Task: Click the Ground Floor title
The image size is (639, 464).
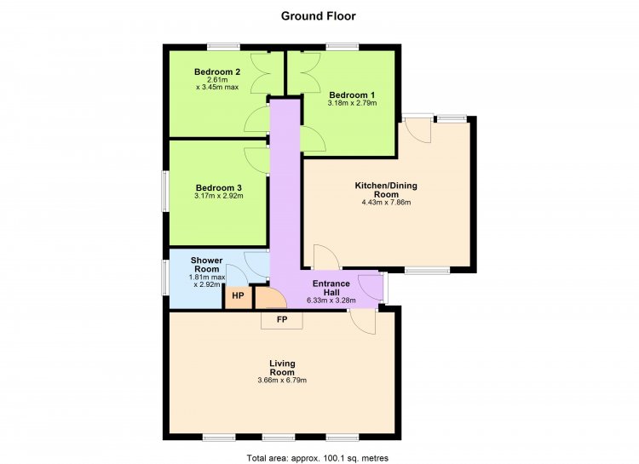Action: tap(319, 16)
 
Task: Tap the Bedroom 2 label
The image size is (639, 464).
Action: tap(217, 72)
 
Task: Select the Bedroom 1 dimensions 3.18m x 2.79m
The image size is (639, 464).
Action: tap(352, 103)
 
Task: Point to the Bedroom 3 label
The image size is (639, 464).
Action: tap(219, 188)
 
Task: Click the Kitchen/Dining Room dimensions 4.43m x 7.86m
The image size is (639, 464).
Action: tap(386, 202)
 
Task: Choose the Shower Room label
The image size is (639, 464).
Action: tap(207, 265)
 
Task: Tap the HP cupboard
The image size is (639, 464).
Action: tap(238, 296)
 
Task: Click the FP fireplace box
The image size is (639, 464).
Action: tap(282, 320)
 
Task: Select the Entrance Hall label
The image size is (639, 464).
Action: tap(331, 288)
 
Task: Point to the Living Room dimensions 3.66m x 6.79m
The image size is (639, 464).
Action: tap(282, 381)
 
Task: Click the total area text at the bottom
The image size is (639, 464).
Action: tap(318, 458)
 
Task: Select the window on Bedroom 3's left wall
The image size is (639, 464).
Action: tap(165, 192)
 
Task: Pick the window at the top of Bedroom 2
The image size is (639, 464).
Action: tap(223, 47)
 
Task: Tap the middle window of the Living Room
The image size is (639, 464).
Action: tap(279, 438)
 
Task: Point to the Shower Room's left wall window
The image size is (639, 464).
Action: tap(165, 277)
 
